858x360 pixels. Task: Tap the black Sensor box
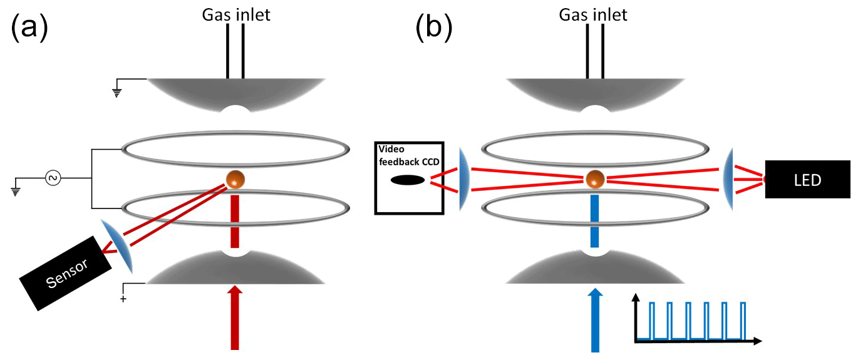pyautogui.click(x=65, y=274)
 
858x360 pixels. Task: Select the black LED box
pyautogui.click(x=807, y=180)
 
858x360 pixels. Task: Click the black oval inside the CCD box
pyautogui.click(x=408, y=180)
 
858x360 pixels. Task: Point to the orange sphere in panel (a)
pyautogui.click(x=235, y=179)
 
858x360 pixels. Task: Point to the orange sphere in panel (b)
pyautogui.click(x=593, y=179)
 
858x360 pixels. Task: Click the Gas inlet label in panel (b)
pyautogui.click(x=593, y=14)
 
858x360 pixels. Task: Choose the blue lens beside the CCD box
pyautogui.click(x=462, y=179)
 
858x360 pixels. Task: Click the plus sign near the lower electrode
pyautogui.click(x=123, y=299)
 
